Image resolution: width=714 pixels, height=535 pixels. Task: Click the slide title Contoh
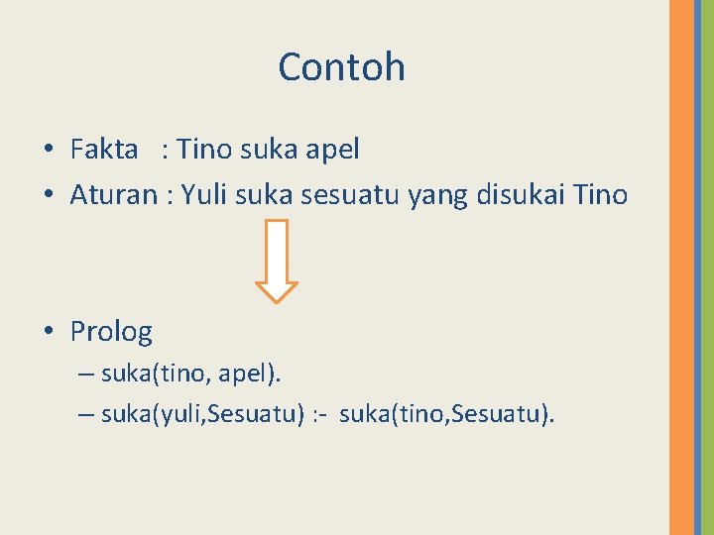(x=341, y=67)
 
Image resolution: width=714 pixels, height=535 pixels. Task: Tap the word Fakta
(x=104, y=150)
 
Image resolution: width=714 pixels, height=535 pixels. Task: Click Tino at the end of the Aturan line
(x=600, y=194)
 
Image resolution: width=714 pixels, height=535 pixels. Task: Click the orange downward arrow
(x=277, y=261)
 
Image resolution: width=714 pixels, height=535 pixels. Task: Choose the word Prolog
(x=111, y=331)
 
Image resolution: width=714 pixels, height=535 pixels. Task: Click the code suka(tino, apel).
(x=190, y=374)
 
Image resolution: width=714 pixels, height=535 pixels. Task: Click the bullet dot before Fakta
(x=48, y=151)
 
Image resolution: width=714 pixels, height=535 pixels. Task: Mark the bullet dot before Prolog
(x=48, y=331)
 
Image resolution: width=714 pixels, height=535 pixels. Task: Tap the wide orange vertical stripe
(x=681, y=267)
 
